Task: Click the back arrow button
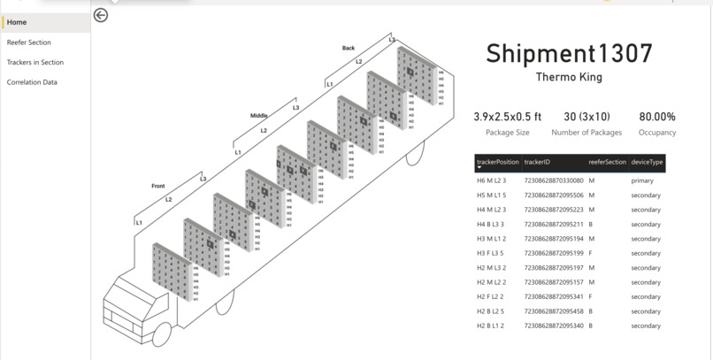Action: coord(101,15)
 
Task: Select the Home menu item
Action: coord(17,22)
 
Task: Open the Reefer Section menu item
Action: coord(29,42)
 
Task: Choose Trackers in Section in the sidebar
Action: coord(35,63)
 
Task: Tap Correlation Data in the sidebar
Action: coord(32,82)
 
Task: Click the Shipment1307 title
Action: coord(569,54)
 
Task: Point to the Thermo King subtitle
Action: coord(569,77)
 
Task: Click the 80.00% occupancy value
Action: coord(657,117)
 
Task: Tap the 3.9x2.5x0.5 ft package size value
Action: coord(502,117)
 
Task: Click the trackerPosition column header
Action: coord(497,162)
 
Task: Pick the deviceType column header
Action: coord(647,162)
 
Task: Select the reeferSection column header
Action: coord(608,162)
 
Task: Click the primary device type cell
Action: coord(642,180)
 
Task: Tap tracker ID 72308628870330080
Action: coord(554,180)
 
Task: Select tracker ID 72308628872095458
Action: coord(554,311)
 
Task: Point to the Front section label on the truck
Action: coord(158,186)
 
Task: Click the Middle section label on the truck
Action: coord(258,116)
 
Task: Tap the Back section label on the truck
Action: coord(349,48)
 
